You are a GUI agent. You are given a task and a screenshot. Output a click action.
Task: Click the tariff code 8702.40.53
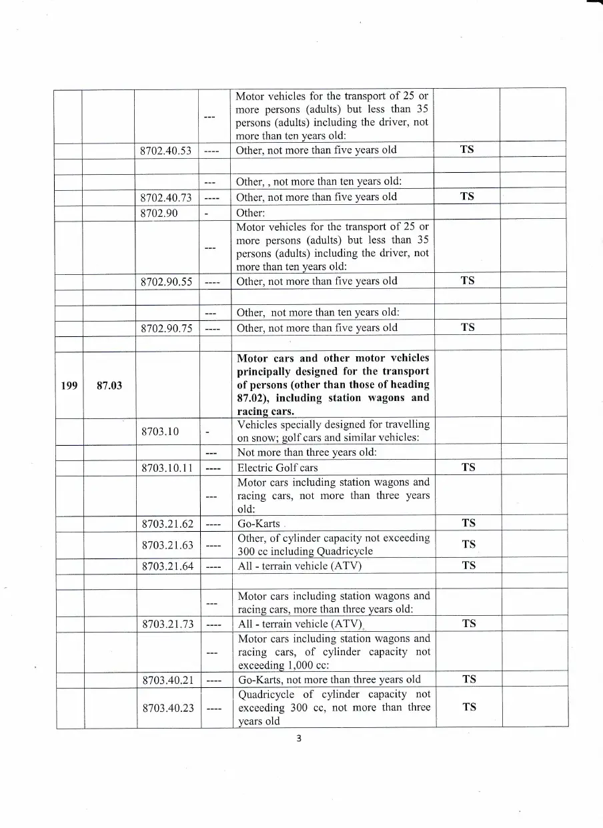(x=166, y=150)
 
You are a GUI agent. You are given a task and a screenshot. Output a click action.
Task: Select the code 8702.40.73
(x=166, y=197)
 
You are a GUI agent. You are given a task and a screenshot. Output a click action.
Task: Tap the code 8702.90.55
(x=166, y=282)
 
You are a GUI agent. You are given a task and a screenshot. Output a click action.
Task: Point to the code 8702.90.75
(x=166, y=328)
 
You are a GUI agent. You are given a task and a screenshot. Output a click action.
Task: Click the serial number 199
(x=69, y=385)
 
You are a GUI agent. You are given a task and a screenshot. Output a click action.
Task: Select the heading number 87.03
(x=109, y=385)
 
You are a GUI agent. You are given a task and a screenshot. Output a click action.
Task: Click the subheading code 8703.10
(x=160, y=431)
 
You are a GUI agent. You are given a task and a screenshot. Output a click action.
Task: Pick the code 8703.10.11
(x=166, y=468)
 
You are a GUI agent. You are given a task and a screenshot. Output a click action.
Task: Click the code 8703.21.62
(x=167, y=524)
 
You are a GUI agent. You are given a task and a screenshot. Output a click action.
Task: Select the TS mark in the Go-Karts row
(x=469, y=523)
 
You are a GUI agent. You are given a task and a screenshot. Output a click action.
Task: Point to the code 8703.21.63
(x=167, y=545)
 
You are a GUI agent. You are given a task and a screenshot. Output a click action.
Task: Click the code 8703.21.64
(x=167, y=566)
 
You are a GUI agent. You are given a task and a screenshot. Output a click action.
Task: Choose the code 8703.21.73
(x=167, y=624)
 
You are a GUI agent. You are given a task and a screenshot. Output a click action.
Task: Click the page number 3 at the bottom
(x=299, y=738)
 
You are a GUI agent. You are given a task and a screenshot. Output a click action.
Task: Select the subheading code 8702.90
(x=160, y=213)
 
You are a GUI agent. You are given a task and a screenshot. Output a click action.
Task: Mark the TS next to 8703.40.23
(x=469, y=707)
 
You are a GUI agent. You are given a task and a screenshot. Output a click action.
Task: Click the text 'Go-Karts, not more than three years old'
(x=330, y=680)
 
